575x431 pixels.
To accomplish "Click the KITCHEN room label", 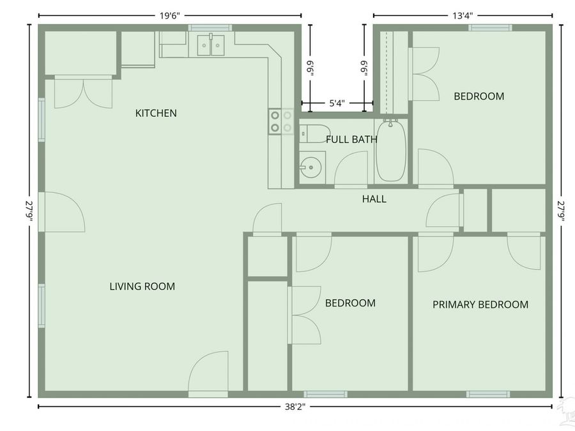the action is point(156,113).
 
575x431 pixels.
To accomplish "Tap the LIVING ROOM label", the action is point(142,286).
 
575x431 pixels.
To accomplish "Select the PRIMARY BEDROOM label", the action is point(480,305).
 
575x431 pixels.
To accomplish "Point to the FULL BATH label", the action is point(351,139).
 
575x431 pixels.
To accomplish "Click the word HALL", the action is point(374,199).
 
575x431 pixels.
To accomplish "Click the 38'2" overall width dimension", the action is point(295,407).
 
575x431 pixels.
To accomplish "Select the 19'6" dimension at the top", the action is point(169,16).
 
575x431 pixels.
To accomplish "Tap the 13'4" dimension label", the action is point(463,15).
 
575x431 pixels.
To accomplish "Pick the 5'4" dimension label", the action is point(337,103).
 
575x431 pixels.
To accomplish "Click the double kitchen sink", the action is point(211,45).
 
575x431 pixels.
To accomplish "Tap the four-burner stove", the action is point(281,122).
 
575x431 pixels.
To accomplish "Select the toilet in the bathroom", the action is point(314,133).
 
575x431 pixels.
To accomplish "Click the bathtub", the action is point(391,150).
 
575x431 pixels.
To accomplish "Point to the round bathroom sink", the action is point(311,167).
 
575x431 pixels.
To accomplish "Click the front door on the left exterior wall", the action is point(61,212).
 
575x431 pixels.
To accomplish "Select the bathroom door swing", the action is point(351,169).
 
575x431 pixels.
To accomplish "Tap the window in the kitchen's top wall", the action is point(210,27).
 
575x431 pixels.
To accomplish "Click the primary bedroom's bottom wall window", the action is point(488,395).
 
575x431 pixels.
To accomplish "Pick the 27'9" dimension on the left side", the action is point(29,211).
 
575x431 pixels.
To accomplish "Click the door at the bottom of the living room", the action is point(208,374).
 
